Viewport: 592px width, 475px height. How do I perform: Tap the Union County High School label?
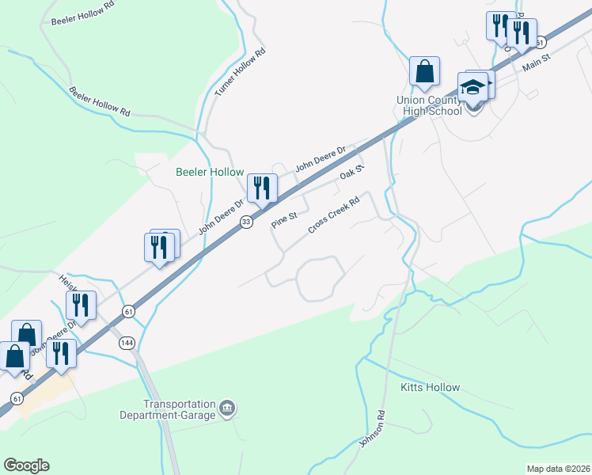point(430,105)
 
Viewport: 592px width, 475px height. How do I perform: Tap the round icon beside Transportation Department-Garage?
point(229,408)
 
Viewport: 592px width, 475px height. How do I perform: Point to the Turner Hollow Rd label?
point(240,73)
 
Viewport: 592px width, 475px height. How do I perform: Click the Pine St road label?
point(284,218)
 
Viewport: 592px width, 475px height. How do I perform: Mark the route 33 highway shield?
point(247,222)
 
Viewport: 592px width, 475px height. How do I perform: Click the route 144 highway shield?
point(127,343)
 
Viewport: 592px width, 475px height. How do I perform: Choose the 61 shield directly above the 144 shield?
point(128,313)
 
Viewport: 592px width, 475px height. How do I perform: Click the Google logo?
point(26,465)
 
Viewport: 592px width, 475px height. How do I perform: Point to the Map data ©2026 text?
point(558,469)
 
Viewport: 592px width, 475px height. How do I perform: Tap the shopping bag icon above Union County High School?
point(425,71)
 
